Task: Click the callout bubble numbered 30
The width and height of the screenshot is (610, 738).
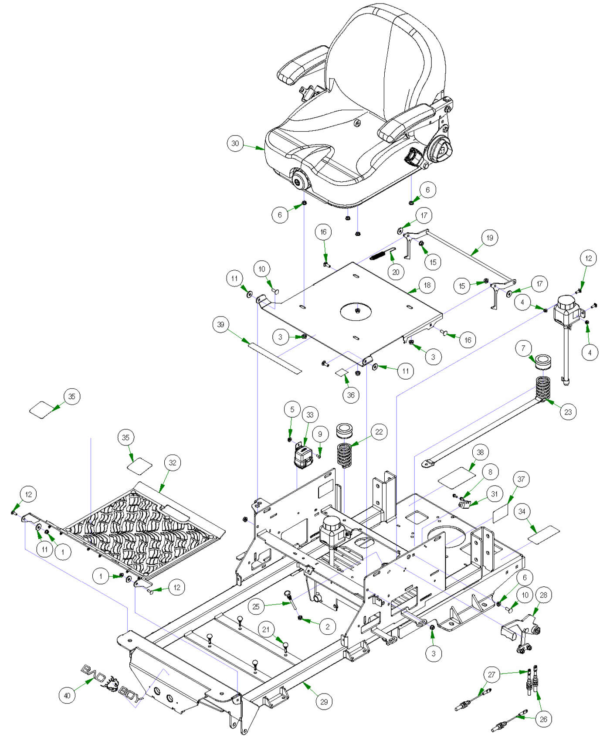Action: tap(235, 143)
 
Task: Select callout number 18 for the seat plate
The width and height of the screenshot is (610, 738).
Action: tap(427, 285)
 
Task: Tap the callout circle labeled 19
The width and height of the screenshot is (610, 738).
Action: tap(490, 238)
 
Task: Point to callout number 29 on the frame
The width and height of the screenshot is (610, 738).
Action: tap(324, 701)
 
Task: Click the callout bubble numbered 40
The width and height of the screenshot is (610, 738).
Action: tap(67, 695)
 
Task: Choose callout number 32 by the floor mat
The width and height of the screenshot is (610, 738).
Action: tap(173, 463)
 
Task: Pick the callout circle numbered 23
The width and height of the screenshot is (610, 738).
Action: tap(568, 412)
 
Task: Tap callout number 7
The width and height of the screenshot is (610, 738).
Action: tap(523, 348)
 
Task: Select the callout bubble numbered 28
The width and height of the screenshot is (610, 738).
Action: tap(543, 595)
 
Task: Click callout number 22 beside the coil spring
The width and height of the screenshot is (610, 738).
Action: tap(379, 432)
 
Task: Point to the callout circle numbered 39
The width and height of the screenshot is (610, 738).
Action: tap(221, 325)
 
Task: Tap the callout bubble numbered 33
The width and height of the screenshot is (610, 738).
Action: tap(310, 415)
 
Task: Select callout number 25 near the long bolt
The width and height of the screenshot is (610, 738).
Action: tap(256, 606)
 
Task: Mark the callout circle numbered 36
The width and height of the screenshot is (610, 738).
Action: tap(351, 395)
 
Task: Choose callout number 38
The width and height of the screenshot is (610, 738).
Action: tap(480, 452)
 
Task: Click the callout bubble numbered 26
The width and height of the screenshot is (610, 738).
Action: tap(543, 719)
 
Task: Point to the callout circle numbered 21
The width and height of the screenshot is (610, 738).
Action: tap(266, 629)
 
